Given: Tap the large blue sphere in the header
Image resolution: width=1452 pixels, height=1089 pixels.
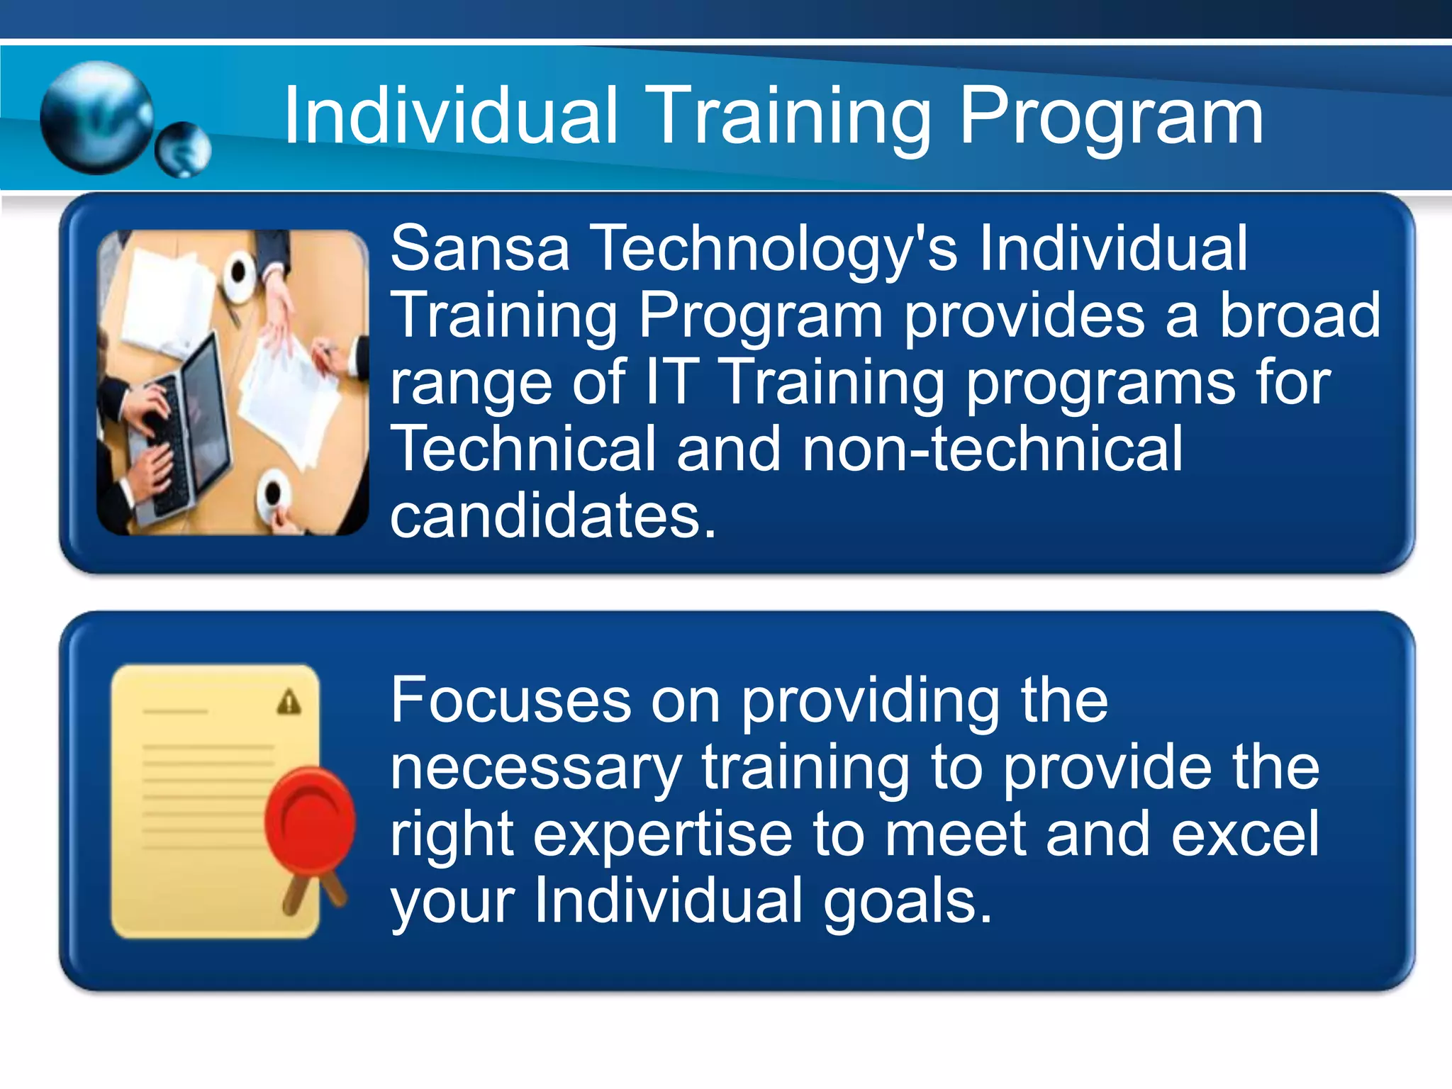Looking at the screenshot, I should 96,118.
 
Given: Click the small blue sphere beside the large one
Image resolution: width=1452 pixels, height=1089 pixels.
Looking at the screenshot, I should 184,150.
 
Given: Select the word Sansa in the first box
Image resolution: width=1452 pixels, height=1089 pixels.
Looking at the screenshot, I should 480,248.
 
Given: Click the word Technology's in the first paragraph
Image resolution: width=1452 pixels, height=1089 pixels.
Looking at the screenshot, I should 775,250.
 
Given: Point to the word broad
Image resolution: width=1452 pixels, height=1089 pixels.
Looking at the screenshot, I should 1300,315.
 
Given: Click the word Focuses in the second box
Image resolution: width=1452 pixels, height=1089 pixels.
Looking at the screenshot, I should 510,700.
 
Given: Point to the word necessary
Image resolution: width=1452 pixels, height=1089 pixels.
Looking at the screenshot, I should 536,769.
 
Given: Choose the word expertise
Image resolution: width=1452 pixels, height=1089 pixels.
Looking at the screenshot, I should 662,835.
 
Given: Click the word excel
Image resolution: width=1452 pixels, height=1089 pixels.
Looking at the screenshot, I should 1245,834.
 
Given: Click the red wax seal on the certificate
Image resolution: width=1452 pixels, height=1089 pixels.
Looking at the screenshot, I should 311,822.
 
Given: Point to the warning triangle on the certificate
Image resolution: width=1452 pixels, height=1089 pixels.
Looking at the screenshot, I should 289,703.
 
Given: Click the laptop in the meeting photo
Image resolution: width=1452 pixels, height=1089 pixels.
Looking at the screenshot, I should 188,425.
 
